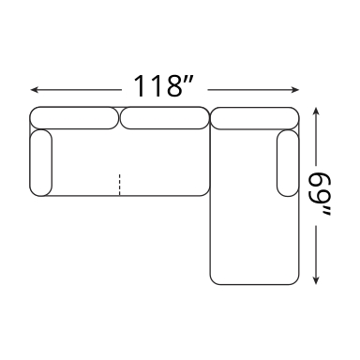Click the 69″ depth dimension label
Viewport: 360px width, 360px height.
[320, 194]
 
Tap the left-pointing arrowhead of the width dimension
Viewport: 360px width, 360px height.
[35, 90]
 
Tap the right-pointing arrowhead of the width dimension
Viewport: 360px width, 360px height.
[295, 90]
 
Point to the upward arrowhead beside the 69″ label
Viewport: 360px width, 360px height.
[316, 112]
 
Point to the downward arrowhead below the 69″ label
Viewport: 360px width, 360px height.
[316, 280]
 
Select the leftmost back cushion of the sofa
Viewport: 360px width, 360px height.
[74, 118]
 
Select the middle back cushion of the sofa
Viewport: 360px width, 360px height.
[164, 118]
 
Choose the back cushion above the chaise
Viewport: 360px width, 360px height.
[255, 118]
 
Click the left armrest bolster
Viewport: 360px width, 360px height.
[41, 163]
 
